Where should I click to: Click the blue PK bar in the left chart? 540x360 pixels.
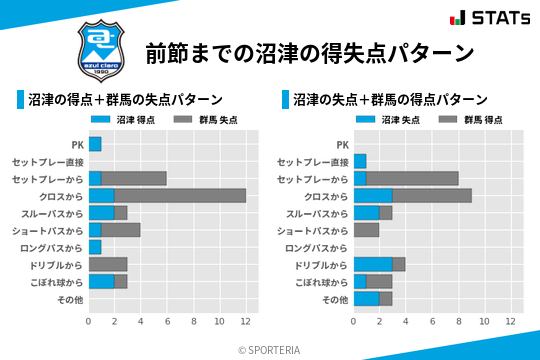[95, 144]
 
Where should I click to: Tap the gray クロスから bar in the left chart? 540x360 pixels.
[180, 195]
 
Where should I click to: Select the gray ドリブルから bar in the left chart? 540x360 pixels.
[108, 264]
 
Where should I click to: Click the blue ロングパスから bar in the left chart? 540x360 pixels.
[95, 247]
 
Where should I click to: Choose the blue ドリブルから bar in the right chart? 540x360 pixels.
[373, 264]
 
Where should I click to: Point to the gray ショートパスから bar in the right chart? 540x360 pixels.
[366, 230]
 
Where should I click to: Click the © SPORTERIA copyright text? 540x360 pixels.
[270, 349]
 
